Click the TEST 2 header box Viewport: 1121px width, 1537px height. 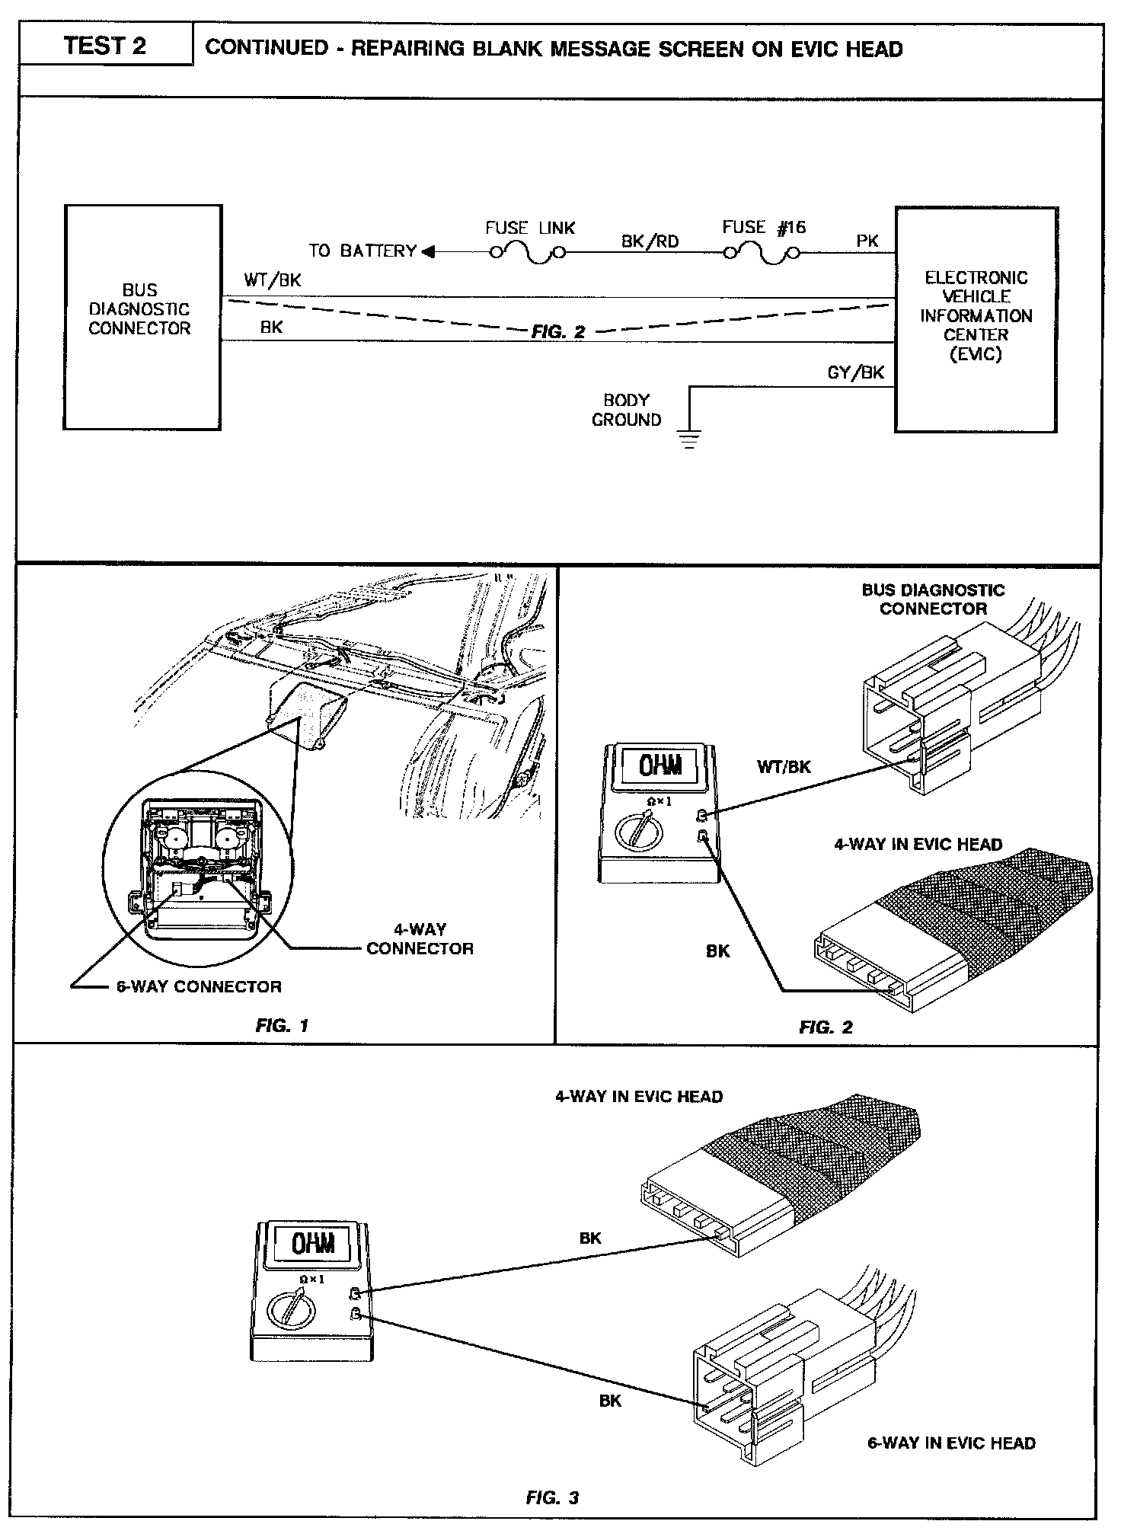(105, 46)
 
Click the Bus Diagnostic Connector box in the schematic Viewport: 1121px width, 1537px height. (142, 317)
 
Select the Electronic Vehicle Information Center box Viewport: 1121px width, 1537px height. (976, 320)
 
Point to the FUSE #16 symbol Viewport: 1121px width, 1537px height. (762, 254)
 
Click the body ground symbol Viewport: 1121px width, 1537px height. (690, 439)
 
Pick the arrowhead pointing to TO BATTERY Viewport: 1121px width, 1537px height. (428, 251)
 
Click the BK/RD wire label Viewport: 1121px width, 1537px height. (650, 241)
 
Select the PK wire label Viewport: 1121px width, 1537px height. (867, 241)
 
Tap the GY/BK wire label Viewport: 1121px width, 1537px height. (856, 372)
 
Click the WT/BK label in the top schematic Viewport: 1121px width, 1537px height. (273, 280)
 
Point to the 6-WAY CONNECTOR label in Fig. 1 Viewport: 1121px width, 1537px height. (199, 986)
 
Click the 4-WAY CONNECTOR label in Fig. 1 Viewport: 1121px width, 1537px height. (420, 938)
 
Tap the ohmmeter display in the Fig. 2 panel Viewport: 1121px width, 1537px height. (660, 766)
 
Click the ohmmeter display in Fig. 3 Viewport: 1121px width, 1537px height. (314, 1245)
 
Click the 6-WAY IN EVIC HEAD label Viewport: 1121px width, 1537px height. (951, 1443)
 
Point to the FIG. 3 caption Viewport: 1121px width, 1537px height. (552, 1498)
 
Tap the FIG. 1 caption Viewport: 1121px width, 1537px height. (282, 1025)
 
